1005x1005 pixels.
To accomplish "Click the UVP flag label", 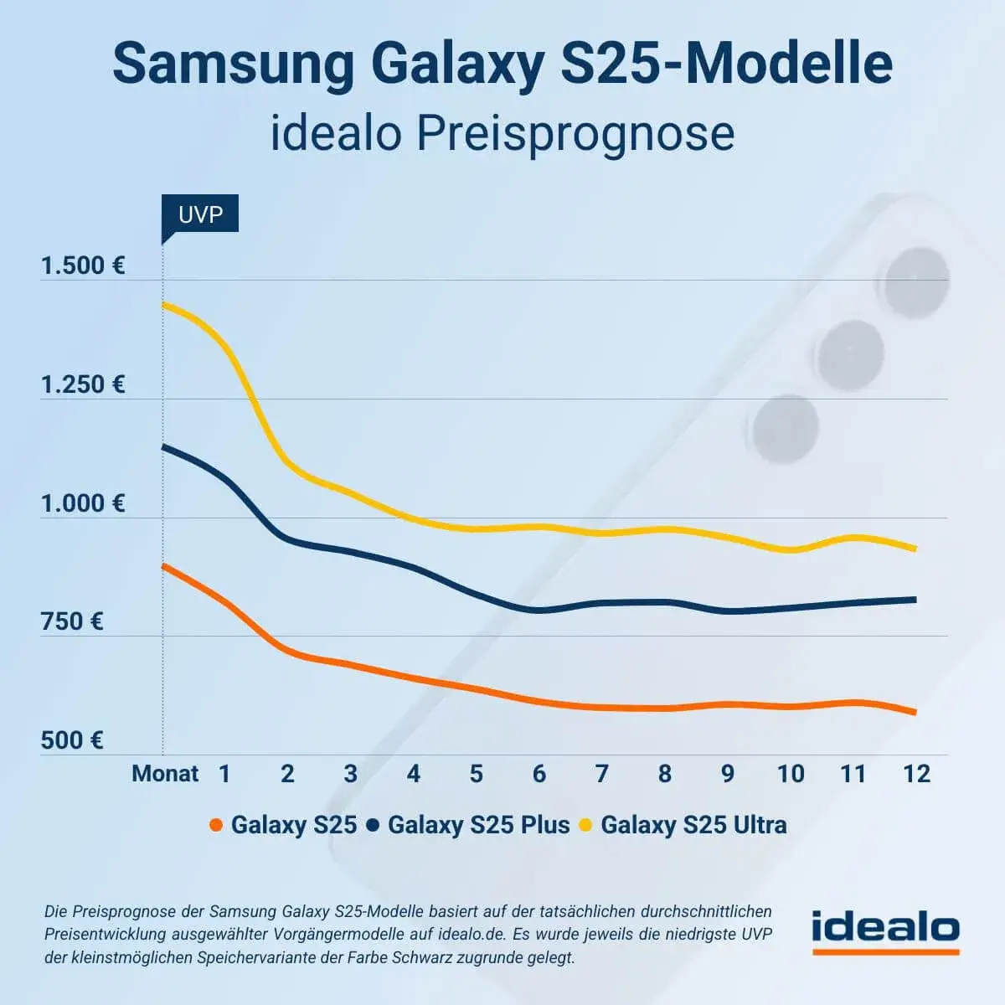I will click(x=200, y=214).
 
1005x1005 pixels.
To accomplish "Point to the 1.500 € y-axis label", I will click(x=83, y=266).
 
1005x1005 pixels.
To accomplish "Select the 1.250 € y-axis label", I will click(x=83, y=384).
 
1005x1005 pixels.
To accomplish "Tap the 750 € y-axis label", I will click(x=72, y=621).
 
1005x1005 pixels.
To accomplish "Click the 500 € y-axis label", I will click(x=72, y=740).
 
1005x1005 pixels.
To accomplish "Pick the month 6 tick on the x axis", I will click(x=539, y=773).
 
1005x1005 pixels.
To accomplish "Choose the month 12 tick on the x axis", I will click(x=916, y=773).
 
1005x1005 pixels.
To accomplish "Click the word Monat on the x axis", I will click(x=165, y=773).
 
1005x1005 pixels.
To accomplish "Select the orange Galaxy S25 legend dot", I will click(x=216, y=826).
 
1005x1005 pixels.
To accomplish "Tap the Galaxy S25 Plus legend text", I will click(x=478, y=825).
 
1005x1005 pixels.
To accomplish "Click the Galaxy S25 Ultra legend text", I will click(x=693, y=825).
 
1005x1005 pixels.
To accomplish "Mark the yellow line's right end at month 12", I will click(x=914, y=549).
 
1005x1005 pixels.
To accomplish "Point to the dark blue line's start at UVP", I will click(x=163, y=446).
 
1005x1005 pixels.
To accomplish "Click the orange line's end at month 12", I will click(x=914, y=713).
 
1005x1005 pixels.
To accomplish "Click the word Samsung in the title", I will click(x=234, y=64).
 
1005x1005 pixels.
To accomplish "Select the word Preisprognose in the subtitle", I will click(x=575, y=134).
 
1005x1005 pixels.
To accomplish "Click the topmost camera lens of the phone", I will click(x=918, y=283).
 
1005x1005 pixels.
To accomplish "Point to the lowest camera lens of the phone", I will click(x=784, y=430).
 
